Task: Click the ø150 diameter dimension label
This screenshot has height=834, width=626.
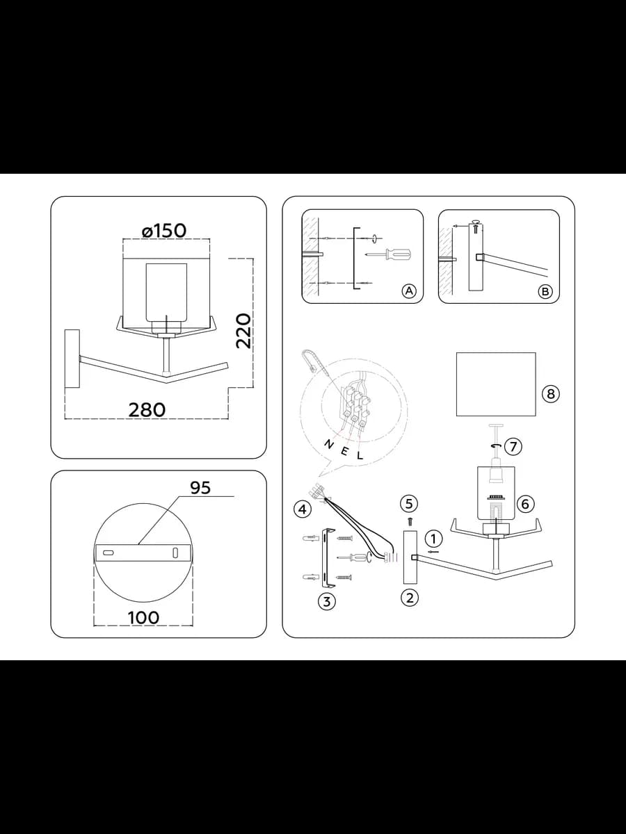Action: point(164,231)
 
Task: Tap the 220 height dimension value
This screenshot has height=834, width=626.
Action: point(243,331)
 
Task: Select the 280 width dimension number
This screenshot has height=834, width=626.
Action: point(147,410)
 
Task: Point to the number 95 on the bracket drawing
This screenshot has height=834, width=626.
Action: point(200,488)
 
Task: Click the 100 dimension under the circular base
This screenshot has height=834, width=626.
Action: point(143,617)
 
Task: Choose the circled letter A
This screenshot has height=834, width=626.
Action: point(409,291)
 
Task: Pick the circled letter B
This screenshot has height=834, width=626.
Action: point(545,291)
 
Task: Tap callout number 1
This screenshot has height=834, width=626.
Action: point(433,539)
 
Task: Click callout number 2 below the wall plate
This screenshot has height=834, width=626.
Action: point(410,598)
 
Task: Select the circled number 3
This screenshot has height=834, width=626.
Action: point(327,601)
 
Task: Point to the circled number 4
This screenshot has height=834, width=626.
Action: point(303,509)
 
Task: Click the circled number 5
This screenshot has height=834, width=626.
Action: point(409,503)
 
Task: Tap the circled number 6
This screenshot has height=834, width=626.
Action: point(525,504)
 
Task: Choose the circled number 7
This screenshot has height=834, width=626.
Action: point(513,446)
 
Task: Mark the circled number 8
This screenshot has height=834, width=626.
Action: point(551,394)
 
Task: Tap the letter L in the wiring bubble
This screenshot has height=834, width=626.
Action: point(360,455)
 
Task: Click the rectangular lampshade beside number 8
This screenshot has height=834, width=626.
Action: point(496,384)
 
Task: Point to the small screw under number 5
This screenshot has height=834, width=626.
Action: point(410,521)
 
